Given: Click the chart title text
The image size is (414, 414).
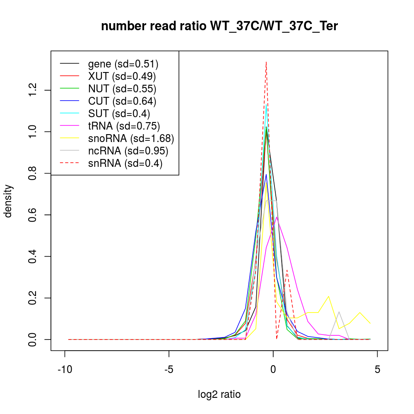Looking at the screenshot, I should [x=219, y=26].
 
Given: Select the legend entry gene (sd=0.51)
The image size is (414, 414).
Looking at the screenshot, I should [x=123, y=64].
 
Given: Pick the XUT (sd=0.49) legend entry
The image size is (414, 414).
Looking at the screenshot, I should [x=122, y=76].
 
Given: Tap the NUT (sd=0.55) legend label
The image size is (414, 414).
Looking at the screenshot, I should [x=122, y=89].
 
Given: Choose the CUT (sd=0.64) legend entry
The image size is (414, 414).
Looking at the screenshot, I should [x=122, y=101].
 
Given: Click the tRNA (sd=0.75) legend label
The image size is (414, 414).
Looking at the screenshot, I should [x=124, y=126].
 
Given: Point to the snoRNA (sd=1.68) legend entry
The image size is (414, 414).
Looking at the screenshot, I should [x=131, y=138].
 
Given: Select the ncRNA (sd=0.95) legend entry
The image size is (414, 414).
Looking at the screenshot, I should [x=128, y=151].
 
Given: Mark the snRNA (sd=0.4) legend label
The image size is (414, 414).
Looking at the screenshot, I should [x=125, y=163].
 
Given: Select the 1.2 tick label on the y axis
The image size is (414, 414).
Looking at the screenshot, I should [x=33, y=90].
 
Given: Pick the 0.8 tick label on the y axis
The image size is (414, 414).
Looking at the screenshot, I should [x=33, y=173].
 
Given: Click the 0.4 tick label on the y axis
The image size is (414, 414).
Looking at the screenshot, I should [x=33, y=257].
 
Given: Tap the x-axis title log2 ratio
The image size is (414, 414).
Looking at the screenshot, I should [x=219, y=395].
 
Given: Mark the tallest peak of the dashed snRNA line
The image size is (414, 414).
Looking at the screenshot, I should [x=266, y=62].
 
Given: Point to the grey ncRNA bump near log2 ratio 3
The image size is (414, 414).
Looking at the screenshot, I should [x=339, y=312].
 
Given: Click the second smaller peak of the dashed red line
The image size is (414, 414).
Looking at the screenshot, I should [x=287, y=270].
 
